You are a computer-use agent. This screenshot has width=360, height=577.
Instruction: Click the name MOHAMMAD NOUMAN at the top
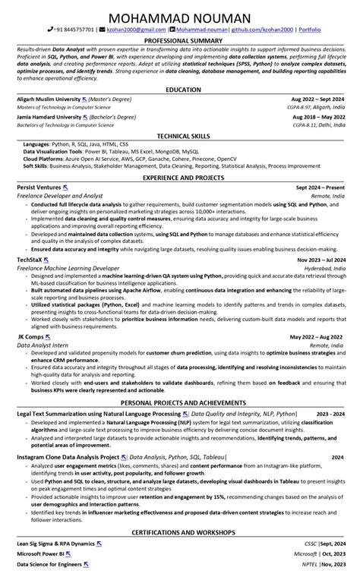(180, 17)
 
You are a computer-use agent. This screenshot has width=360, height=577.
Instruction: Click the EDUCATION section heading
(180, 90)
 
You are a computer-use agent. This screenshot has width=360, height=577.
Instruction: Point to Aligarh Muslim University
(48, 99)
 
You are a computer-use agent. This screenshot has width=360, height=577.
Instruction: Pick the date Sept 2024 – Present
(320, 187)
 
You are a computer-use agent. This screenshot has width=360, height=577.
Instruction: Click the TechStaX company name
(30, 259)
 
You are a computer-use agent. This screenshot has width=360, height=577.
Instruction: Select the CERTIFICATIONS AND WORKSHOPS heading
(180, 532)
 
